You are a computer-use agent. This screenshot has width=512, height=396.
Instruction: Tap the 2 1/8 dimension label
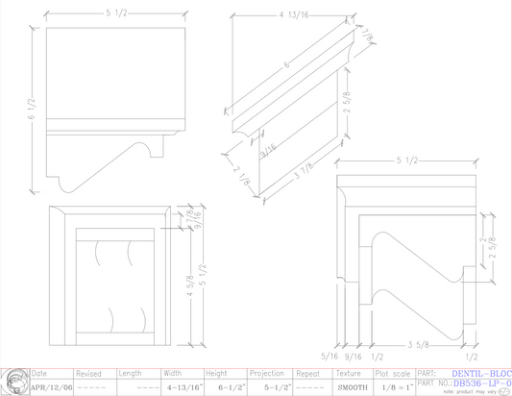tap(241, 174)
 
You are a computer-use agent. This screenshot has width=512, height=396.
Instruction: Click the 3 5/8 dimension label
tap(417, 345)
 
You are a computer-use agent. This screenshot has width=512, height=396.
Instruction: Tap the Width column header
tap(173, 372)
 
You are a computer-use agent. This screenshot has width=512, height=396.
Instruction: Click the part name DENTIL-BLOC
tap(481, 372)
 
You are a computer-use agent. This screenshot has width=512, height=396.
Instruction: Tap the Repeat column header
tap(307, 372)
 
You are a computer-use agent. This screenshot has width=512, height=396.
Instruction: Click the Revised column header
tap(89, 372)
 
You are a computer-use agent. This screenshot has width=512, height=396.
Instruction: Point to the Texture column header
tap(348, 372)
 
